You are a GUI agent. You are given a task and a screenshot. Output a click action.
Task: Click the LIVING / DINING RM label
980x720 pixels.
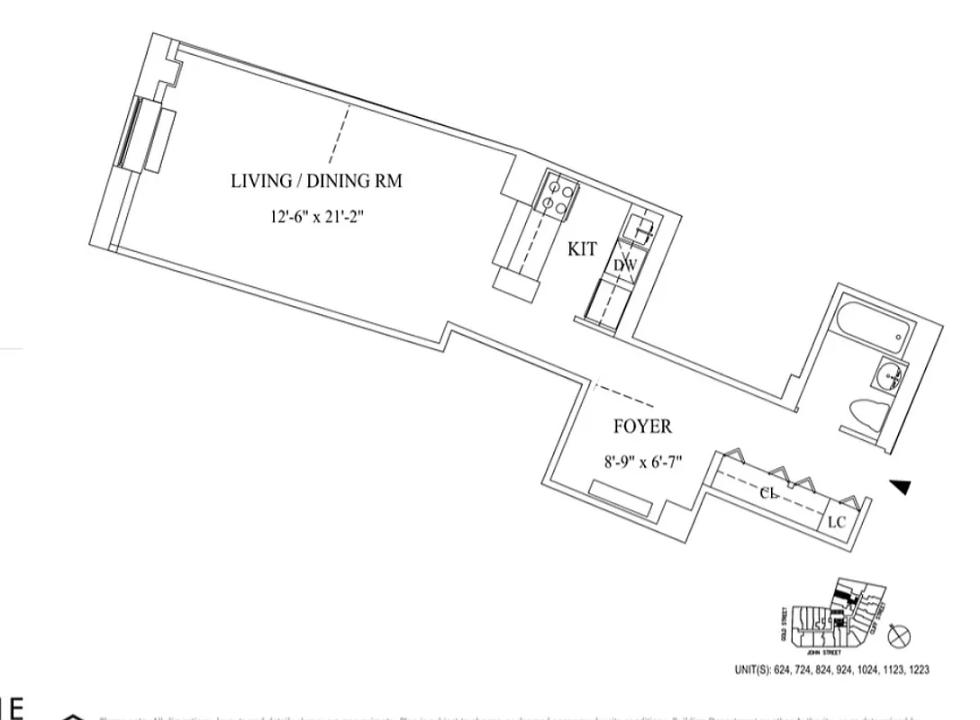[316, 181]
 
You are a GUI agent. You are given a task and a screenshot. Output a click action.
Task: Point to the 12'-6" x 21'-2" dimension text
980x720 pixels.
[315, 217]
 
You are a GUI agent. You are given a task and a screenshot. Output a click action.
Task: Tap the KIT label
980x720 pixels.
[582, 249]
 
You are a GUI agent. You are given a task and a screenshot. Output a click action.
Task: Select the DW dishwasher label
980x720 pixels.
[625, 265]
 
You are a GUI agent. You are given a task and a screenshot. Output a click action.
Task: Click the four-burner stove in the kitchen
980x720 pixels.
[558, 195]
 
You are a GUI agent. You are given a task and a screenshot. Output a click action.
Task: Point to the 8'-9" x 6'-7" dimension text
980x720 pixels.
[642, 463]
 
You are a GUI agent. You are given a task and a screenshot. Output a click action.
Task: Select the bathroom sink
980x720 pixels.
[893, 374]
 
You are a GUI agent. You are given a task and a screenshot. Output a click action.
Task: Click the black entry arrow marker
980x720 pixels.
[900, 487]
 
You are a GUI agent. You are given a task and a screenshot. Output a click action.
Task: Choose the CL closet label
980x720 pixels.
[768, 493]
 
